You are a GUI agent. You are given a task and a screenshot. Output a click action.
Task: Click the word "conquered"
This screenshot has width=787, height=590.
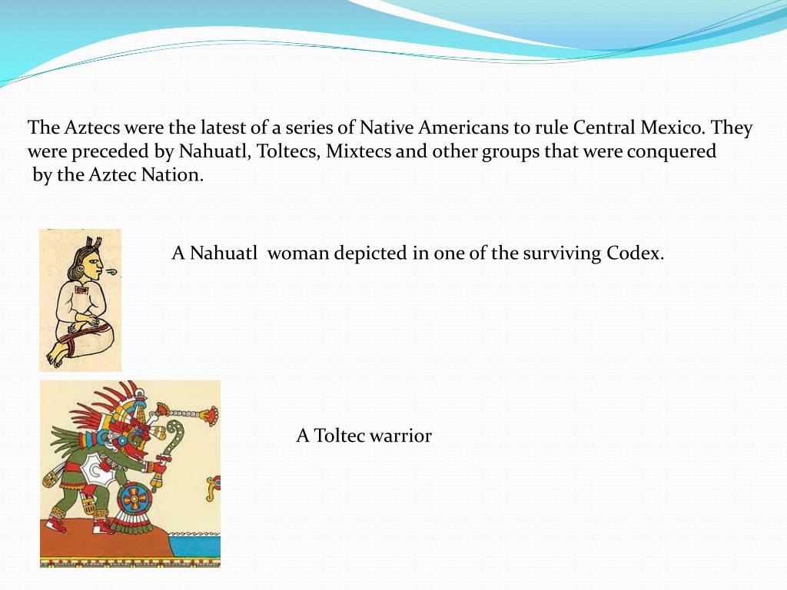[x=671, y=151]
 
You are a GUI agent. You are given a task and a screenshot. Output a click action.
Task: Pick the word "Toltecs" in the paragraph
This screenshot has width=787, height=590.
[x=287, y=151]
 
